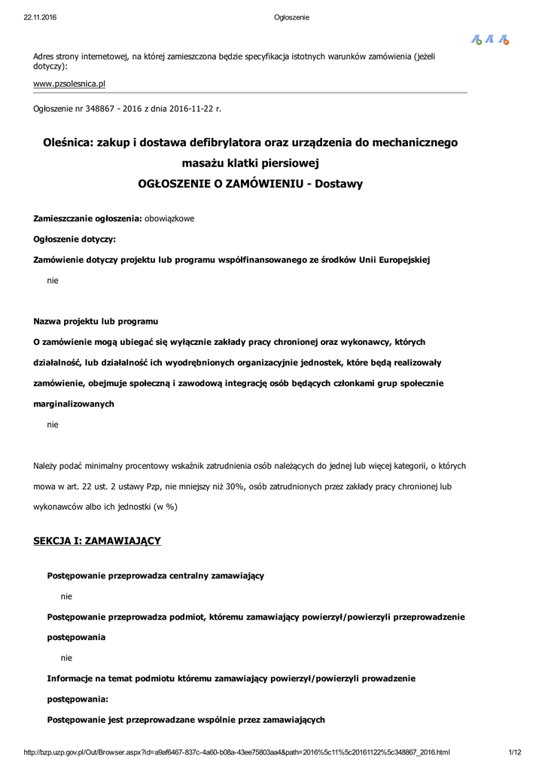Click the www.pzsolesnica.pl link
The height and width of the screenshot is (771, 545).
(69, 84)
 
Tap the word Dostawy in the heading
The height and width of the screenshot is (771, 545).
(338, 183)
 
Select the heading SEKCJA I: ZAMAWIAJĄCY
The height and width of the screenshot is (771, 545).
(97, 541)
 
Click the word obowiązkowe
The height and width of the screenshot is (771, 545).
(169, 218)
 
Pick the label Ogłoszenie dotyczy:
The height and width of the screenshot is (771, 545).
(75, 239)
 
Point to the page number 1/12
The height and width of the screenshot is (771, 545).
(515, 751)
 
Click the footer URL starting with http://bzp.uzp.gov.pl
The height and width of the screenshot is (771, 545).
(237, 751)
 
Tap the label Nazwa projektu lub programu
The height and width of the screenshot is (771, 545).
(96, 322)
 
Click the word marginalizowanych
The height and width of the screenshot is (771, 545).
(74, 404)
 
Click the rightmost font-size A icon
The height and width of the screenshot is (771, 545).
(504, 39)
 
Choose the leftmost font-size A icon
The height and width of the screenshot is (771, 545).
(476, 39)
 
